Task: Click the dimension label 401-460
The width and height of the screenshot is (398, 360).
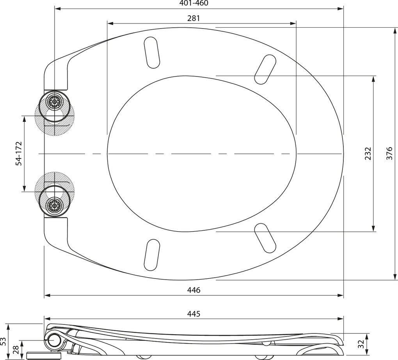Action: click(x=194, y=3)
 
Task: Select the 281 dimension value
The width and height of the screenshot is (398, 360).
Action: click(x=194, y=18)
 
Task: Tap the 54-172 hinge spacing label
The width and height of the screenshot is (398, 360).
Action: click(x=19, y=154)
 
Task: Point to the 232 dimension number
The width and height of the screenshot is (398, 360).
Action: click(x=368, y=153)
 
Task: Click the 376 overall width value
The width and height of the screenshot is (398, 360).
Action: click(x=389, y=153)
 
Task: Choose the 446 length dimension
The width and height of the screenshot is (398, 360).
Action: click(x=194, y=290)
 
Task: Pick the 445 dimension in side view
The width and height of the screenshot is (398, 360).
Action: click(x=194, y=314)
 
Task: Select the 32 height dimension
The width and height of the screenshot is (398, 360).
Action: click(x=361, y=344)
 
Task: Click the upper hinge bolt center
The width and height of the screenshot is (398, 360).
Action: click(x=54, y=102)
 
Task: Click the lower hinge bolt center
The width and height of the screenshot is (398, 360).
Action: click(x=54, y=205)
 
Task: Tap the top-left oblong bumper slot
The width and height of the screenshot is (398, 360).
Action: click(x=152, y=53)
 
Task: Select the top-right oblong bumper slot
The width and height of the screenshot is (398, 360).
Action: click(x=265, y=69)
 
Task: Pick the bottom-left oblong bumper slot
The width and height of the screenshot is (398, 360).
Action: click(x=152, y=255)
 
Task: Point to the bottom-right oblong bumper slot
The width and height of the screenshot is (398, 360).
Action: click(x=265, y=238)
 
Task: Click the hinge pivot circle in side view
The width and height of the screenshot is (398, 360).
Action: click(x=53, y=340)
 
